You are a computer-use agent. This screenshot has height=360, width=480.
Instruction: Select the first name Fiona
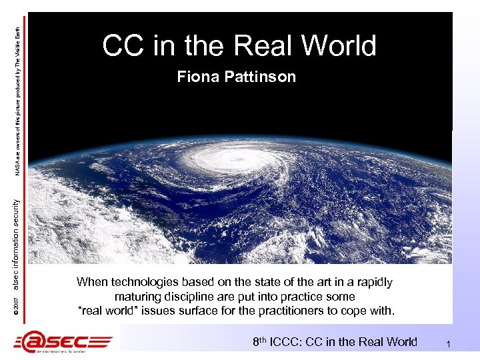point(195,77)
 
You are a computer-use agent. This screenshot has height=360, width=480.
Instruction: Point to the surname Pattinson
point(257,77)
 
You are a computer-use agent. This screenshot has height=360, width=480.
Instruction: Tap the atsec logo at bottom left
point(64,341)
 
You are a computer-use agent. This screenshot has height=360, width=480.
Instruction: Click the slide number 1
point(449,343)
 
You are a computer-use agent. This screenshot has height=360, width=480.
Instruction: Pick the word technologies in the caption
point(142,282)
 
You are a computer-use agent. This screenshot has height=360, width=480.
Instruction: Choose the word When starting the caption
point(91,282)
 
